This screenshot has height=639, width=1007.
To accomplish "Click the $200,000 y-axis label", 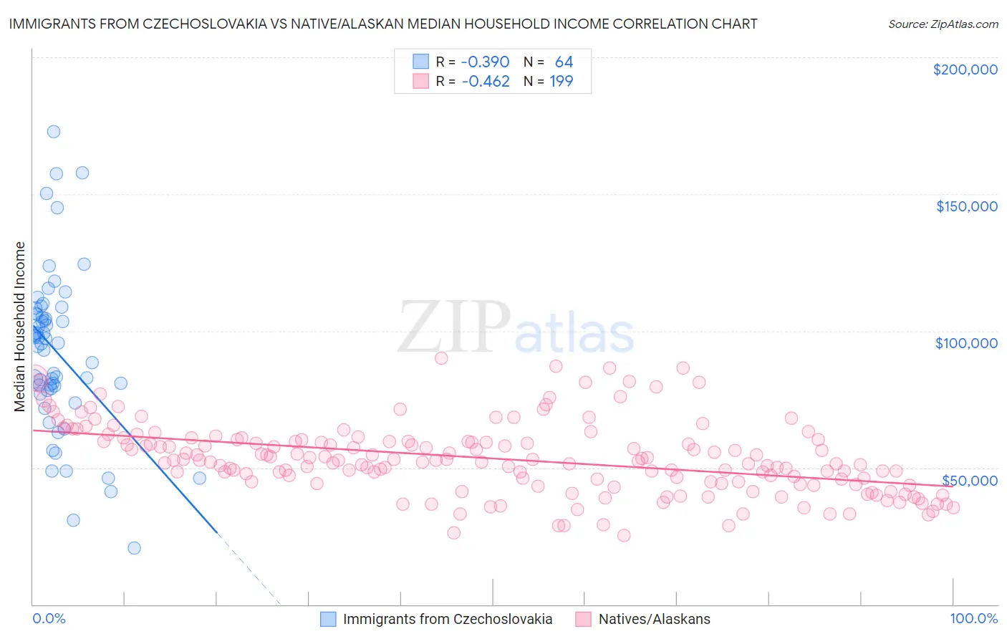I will [x=965, y=69].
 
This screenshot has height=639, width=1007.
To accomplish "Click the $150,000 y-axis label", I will [x=966, y=206].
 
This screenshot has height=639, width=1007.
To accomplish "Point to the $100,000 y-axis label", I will [x=966, y=343].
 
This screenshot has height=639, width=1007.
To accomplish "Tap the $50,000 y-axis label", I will [x=969, y=480].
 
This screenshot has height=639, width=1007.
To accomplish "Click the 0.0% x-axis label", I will [x=49, y=618].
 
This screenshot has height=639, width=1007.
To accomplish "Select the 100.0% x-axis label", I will [x=973, y=618].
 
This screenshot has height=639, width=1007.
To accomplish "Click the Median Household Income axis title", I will [x=19, y=327].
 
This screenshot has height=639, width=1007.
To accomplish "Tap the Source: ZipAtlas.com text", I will [x=943, y=24].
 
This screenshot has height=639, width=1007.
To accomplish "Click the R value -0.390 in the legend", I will [x=485, y=62].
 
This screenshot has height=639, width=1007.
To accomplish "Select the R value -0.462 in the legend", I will [x=485, y=82].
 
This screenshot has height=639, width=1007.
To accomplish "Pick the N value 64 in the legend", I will [x=564, y=62].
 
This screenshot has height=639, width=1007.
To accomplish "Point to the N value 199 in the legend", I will [x=561, y=82].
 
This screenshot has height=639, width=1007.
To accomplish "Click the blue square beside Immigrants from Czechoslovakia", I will [x=328, y=619].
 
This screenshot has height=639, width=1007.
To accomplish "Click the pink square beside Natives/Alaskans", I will [x=583, y=619].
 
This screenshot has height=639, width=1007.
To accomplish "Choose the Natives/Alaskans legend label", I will [x=654, y=619].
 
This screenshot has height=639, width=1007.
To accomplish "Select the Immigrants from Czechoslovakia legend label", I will [x=448, y=619].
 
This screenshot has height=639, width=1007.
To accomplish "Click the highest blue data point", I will [x=53, y=132].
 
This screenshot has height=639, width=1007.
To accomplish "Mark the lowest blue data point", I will [x=134, y=548].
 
